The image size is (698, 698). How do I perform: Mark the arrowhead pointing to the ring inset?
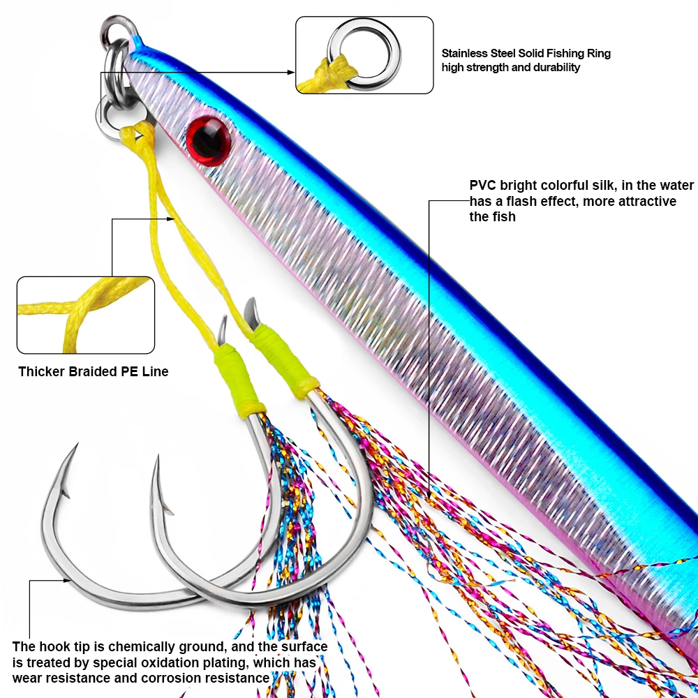(292, 72)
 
